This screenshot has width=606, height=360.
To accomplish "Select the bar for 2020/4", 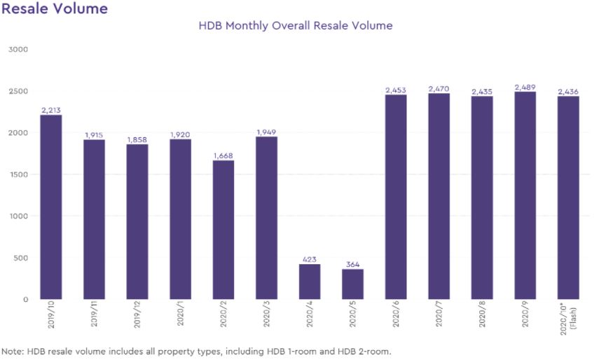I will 310,282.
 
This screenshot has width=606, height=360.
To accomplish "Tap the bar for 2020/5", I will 352,284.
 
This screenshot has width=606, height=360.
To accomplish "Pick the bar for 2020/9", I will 525,195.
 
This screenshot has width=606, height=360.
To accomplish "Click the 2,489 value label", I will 525,88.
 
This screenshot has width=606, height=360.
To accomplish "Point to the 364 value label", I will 352,265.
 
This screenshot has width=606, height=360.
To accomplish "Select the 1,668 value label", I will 223,155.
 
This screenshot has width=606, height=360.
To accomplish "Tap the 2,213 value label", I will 51,111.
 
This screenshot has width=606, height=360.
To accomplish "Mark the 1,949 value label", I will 266,132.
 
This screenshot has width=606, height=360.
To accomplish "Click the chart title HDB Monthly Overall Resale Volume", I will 295,26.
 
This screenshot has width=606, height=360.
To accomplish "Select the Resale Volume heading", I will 55,8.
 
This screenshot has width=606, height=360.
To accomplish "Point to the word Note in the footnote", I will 13,351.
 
